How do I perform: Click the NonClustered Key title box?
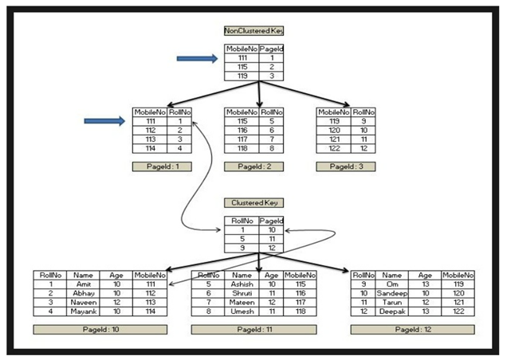pos(254,30)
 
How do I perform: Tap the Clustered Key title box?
pos(254,203)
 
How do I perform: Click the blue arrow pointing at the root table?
pos(197,58)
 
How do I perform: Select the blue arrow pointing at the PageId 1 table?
pos(104,121)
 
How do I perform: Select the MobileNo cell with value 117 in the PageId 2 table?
pos(239,139)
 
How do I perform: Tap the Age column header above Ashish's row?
pos(271,274)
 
